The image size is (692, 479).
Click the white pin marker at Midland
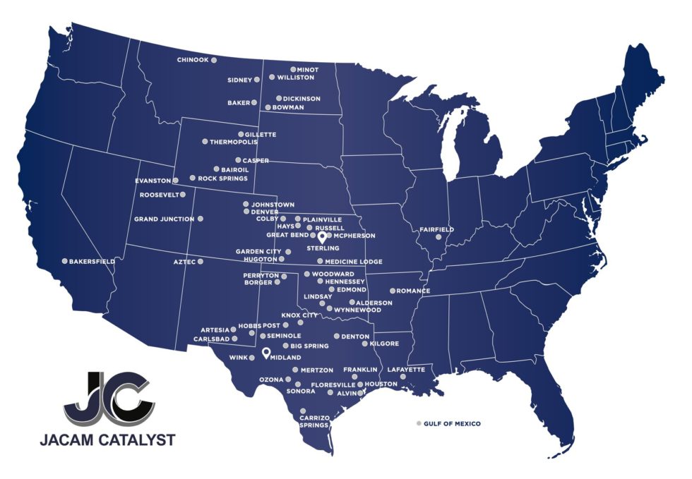tap(266, 353)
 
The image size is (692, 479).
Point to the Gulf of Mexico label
tap(453, 423)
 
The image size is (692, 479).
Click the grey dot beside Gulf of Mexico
tap(418, 423)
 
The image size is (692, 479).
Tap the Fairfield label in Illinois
tap(436, 229)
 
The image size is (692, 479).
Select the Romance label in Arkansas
tap(413, 291)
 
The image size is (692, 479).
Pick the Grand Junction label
tap(164, 219)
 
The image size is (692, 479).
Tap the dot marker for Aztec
tap(201, 262)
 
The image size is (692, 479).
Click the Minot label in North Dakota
tap(308, 70)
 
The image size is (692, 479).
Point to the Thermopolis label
tap(234, 142)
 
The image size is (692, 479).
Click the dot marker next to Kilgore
tap(364, 344)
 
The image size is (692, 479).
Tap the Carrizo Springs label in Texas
tap(314, 421)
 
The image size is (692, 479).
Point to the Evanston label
tap(153, 181)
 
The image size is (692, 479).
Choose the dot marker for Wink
tap(252, 358)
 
